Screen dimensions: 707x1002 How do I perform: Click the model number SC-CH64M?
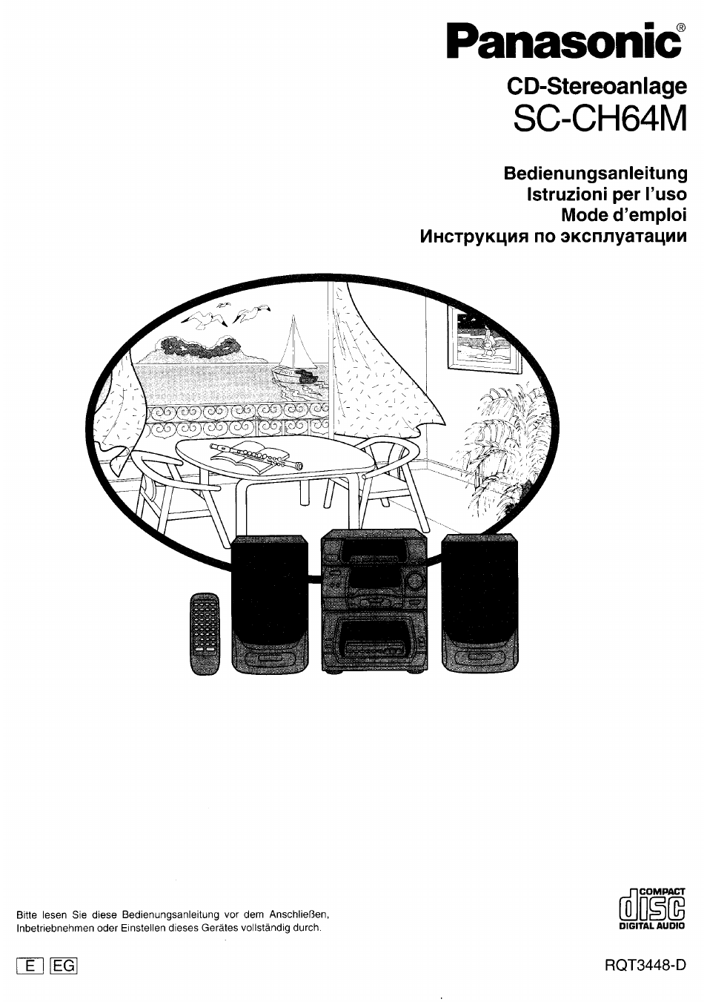tap(600, 118)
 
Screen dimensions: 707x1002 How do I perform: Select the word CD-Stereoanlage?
tap(597, 86)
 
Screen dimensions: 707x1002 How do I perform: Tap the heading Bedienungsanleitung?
tap(595, 174)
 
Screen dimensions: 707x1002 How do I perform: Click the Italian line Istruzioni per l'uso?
tap(607, 194)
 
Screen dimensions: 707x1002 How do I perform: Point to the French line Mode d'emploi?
tap(624, 215)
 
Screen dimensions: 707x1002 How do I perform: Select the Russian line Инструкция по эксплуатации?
tap(554, 236)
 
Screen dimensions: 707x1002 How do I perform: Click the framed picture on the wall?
tap(484, 339)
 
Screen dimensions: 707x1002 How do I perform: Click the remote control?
tap(205, 634)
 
